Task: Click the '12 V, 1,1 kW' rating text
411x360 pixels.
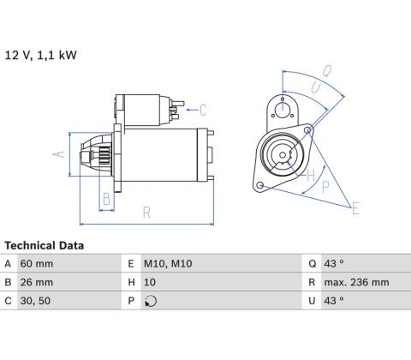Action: [41, 55]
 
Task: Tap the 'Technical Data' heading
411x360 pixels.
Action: [45, 245]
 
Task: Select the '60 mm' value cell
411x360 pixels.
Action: [37, 263]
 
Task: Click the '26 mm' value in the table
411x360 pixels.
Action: [37, 282]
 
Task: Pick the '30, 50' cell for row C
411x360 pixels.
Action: [35, 301]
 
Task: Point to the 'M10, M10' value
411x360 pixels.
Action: [168, 263]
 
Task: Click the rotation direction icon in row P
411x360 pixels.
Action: [151, 301]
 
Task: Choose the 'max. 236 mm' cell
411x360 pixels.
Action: [356, 282]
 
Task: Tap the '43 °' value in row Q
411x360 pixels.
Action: [334, 263]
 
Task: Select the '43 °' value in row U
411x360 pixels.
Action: [334, 301]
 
